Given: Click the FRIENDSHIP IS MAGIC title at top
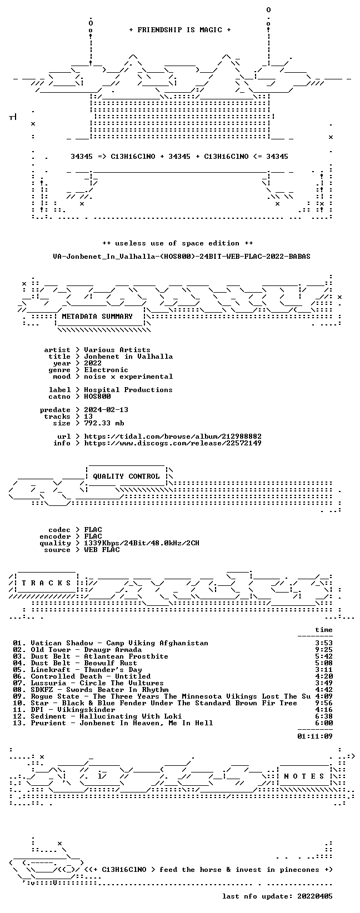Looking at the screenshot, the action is point(180,30).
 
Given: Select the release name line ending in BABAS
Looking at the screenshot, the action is point(182,257).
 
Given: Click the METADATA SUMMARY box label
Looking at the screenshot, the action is point(97,317).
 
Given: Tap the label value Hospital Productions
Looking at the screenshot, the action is point(128,390).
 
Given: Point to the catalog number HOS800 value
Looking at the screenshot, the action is point(97,397).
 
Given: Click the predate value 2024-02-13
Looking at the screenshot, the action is point(106,410).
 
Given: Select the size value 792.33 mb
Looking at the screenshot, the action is point(104,423).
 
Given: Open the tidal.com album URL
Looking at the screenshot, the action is point(172,437).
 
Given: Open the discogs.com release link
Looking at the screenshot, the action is point(172,443).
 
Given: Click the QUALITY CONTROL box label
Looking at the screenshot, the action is point(126,476).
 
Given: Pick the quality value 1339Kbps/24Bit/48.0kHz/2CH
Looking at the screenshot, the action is point(142,543).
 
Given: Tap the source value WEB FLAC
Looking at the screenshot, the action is point(102,550).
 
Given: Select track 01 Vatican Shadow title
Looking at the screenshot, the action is point(111,643).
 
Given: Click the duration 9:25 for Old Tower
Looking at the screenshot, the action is point(324,650).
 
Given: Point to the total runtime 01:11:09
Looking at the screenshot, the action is point(315,736).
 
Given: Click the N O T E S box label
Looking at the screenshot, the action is point(304,776).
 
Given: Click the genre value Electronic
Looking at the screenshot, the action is point(106,370).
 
